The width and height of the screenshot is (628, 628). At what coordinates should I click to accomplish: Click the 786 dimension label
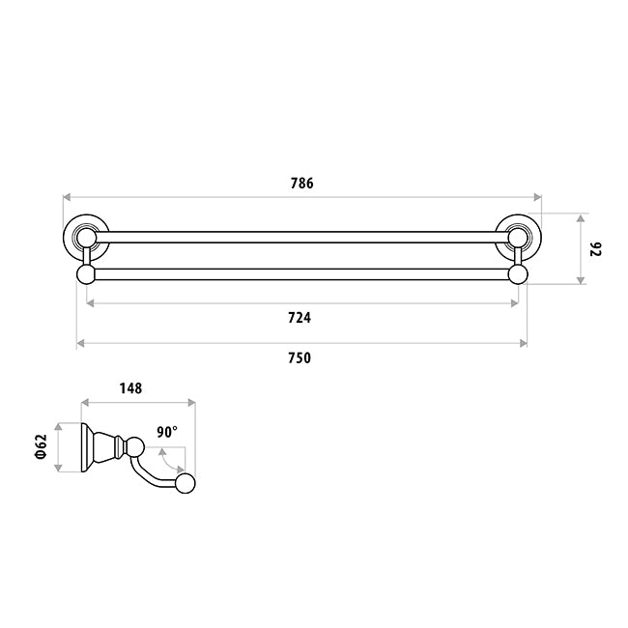point(302,184)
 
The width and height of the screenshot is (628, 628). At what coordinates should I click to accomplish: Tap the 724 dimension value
point(300,318)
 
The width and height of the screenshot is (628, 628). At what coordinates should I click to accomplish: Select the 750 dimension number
point(300,358)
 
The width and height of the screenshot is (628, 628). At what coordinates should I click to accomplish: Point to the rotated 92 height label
point(595,248)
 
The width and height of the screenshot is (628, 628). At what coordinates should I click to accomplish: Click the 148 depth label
point(131,388)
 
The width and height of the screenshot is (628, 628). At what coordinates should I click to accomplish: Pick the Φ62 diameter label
point(42,446)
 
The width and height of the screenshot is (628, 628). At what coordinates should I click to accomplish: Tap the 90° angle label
point(167,433)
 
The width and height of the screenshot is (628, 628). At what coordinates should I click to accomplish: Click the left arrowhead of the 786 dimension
point(67,197)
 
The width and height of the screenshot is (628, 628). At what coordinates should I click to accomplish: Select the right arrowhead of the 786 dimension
point(538,197)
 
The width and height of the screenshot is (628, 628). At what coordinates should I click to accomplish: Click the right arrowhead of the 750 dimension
point(523,343)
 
